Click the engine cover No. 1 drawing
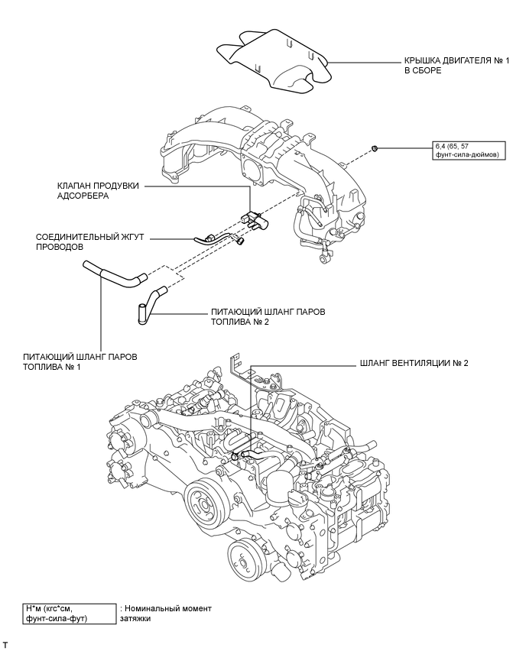pyautogui.click(x=275, y=60)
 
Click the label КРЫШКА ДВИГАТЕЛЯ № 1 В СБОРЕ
pyautogui.click(x=456, y=66)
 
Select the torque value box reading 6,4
pyautogui.click(x=469, y=151)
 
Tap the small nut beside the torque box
pyautogui.click(x=375, y=148)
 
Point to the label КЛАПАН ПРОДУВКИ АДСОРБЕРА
pyautogui.click(x=98, y=191)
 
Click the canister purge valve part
pyautogui.click(x=255, y=219)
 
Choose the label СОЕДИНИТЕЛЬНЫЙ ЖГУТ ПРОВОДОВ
pyautogui.click(x=89, y=241)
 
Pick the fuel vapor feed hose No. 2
pyautogui.click(x=151, y=303)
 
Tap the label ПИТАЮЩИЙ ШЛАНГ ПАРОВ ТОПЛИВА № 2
pyautogui.click(x=268, y=316)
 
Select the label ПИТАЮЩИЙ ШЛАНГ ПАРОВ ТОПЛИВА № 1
pyautogui.click(x=80, y=361)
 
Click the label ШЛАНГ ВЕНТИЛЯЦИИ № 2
pyautogui.click(x=414, y=363)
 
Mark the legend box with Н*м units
pyautogui.click(x=70, y=614)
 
